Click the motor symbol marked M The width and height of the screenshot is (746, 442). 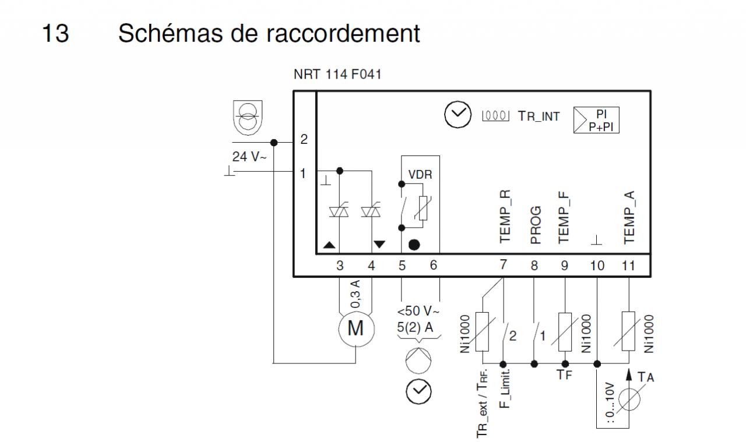[355, 329]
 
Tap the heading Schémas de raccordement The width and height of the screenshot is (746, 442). [269, 34]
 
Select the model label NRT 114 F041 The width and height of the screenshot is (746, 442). [335, 76]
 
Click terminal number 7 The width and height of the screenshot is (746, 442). [504, 266]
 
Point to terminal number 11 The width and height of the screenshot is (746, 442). [628, 266]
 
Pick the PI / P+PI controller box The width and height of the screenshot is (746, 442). [597, 120]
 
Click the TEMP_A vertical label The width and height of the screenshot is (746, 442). [628, 217]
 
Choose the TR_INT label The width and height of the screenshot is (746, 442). [539, 116]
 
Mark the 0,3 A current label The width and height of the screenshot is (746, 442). [356, 295]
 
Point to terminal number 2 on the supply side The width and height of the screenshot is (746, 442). [303, 140]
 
